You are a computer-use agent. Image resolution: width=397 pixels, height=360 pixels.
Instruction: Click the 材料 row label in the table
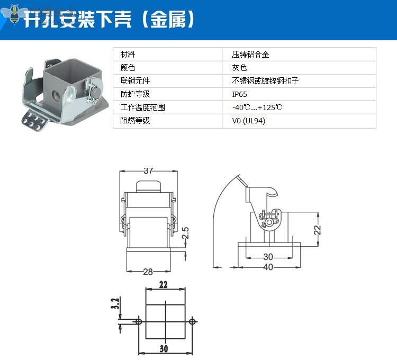pos(128,55)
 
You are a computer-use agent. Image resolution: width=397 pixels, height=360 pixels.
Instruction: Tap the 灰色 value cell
pos(239,68)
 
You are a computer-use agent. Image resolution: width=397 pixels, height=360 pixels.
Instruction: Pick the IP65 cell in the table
pos(239,94)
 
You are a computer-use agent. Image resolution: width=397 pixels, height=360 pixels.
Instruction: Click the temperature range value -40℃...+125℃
pos(257,107)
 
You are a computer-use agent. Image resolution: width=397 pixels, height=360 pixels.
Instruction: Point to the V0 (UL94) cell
pos(248,121)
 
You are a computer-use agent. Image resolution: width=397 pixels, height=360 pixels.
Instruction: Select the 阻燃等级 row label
pos(135,121)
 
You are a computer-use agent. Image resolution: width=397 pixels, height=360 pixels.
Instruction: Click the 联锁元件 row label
pos(135,81)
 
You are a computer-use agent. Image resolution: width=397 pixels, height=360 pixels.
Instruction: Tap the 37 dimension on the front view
pos(148,171)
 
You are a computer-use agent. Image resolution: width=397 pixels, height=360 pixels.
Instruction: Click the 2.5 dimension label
pos(185,233)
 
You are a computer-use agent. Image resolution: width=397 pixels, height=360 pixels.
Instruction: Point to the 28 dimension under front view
pos(148,272)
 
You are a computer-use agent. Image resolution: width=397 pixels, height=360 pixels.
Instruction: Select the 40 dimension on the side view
pos(268,267)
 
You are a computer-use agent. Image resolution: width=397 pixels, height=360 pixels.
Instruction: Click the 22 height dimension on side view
pos(318,229)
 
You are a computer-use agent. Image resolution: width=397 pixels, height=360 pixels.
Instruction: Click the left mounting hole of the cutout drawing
pos(138,321)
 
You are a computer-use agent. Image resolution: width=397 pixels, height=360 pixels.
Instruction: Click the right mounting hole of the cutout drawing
pos(192,321)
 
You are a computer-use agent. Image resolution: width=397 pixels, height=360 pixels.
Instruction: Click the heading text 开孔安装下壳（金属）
pos(109,20)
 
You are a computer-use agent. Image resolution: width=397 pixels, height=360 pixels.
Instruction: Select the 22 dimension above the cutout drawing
pos(163,285)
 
